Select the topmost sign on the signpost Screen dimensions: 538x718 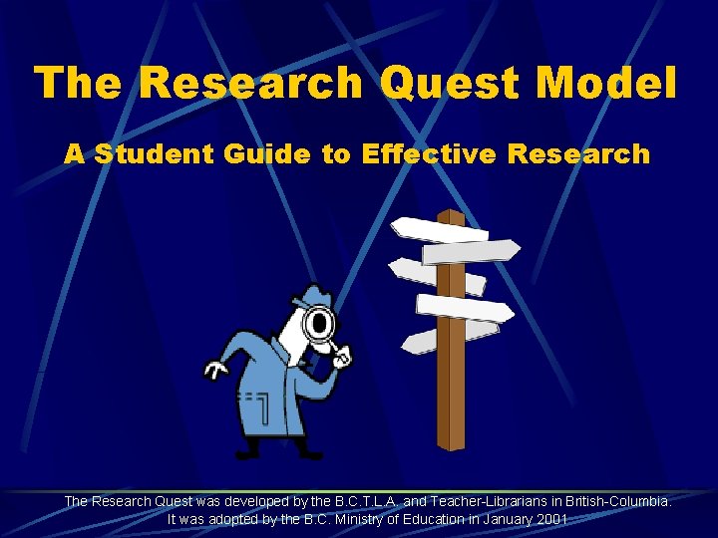[439, 226]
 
